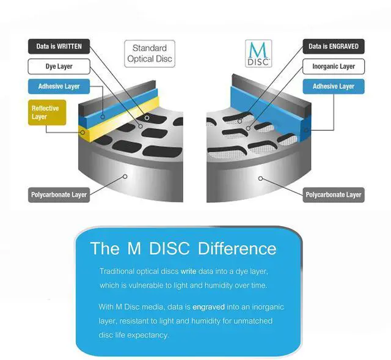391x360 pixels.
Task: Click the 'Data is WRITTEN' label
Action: point(59,46)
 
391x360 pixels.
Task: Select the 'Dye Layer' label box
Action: point(59,66)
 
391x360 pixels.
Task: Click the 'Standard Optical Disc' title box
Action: point(149,54)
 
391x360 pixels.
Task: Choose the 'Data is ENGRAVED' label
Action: point(334,46)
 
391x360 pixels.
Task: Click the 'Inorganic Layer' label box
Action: point(334,66)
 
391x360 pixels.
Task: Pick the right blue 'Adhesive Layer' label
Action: point(334,86)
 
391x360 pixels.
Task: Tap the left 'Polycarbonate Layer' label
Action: point(59,195)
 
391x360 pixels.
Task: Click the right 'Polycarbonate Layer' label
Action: point(334,195)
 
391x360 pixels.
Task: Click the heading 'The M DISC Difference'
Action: point(183,249)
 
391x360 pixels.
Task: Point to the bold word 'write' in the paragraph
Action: point(188,270)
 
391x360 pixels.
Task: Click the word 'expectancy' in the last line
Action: point(148,335)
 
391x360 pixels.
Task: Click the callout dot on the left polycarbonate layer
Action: point(125,176)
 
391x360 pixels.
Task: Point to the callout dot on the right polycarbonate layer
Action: point(261,178)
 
